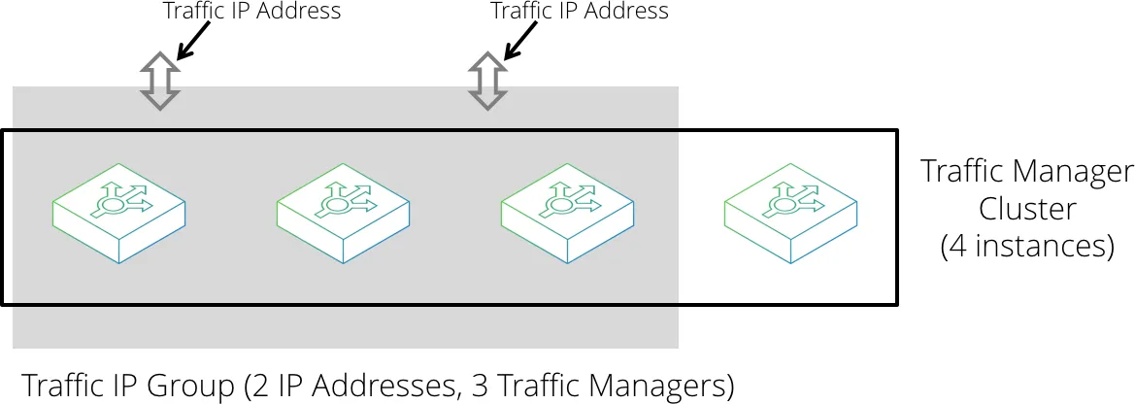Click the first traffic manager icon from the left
click(119, 213)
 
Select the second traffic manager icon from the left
click(344, 213)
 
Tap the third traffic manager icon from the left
click(568, 213)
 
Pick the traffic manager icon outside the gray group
click(791, 213)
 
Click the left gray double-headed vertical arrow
click(159, 81)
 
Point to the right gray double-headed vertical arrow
click(486, 81)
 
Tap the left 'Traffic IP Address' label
click(251, 11)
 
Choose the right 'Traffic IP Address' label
click(579, 11)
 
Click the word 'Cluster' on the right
click(1027, 210)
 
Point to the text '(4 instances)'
click(1027, 247)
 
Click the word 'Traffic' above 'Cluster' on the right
click(966, 172)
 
